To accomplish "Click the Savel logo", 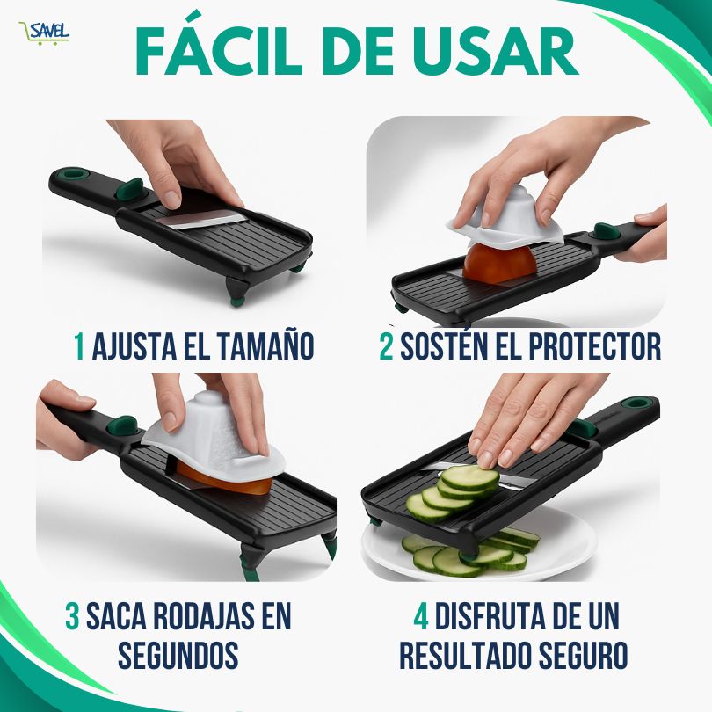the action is point(44,33).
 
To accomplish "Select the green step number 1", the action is point(79,345).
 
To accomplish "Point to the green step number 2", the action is point(387,346).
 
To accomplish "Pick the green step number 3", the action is point(73,615).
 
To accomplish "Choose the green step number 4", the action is point(421,615).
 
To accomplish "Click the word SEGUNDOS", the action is point(178,655).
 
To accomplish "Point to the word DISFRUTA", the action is point(495,615).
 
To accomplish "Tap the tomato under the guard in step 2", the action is point(499,263).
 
